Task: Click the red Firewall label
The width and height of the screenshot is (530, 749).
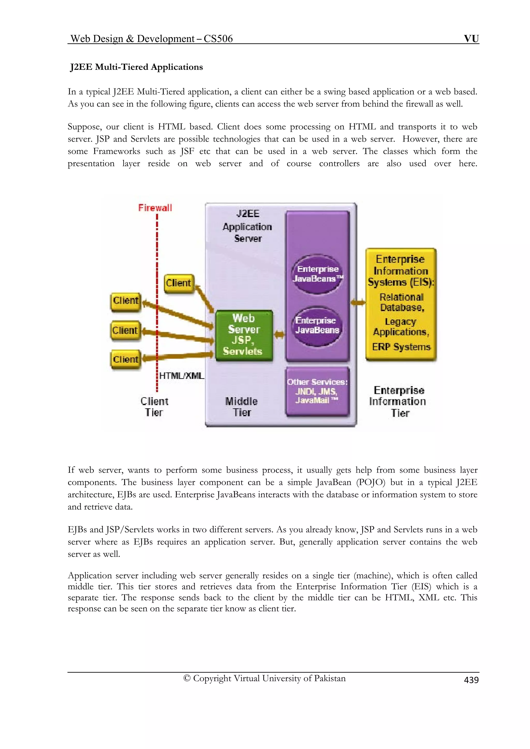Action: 155,208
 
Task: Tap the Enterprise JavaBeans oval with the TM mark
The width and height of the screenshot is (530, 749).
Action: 317,274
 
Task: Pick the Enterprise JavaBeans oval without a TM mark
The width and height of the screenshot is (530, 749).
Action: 317,326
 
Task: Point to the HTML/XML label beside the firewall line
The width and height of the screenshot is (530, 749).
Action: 182,376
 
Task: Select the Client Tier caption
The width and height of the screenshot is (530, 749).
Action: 154,407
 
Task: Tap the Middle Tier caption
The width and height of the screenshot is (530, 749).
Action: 242,407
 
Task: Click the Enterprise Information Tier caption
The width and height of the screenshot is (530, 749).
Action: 398,402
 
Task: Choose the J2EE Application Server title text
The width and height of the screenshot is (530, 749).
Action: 247,226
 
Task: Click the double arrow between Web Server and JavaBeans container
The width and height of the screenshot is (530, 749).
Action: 279,334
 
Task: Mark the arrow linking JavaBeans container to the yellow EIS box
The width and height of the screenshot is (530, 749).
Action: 358,303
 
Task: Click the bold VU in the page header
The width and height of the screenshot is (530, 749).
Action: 471,39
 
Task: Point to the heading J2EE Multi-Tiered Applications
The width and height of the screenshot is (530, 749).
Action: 136,67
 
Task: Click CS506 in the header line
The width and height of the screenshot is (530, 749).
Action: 218,39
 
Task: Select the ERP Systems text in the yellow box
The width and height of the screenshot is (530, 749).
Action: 401,347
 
